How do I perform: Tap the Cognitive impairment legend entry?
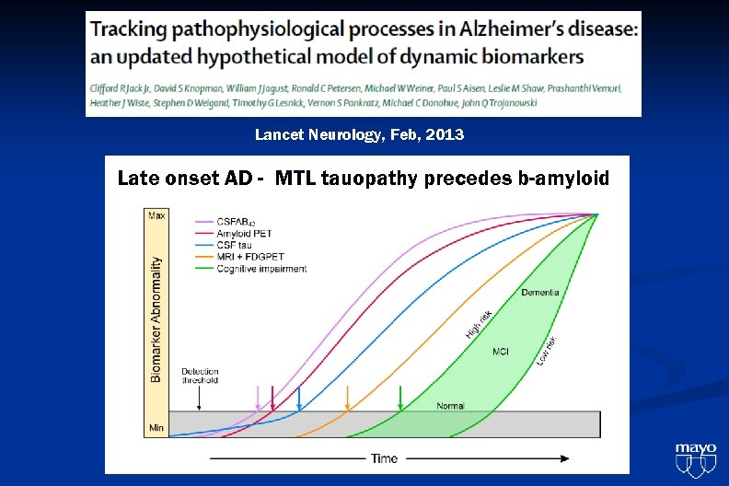[x=261, y=269]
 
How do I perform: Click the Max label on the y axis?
[x=156, y=216]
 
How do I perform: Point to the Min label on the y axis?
[x=156, y=428]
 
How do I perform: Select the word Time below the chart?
[x=384, y=457]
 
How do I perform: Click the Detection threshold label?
[x=200, y=376]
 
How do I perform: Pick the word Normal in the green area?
[x=450, y=406]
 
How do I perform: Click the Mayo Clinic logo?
[x=695, y=458]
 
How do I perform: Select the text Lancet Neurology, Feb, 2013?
[x=359, y=135]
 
